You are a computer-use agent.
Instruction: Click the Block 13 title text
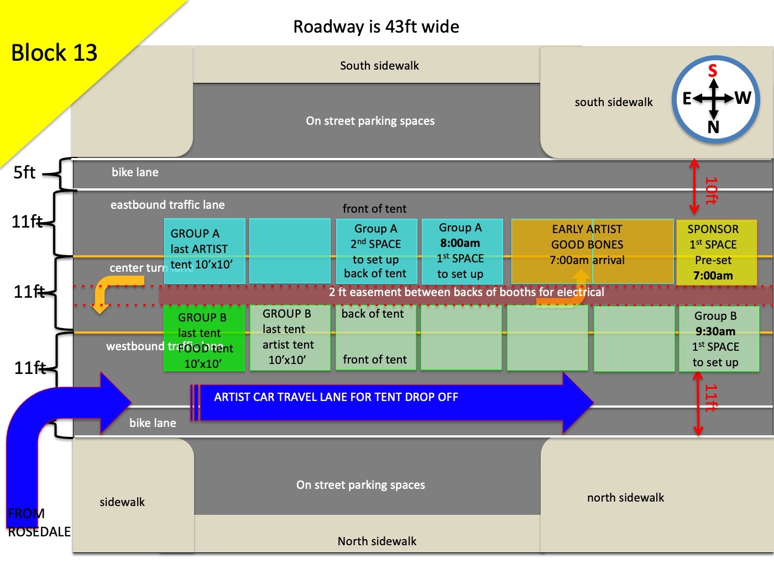pyautogui.click(x=54, y=53)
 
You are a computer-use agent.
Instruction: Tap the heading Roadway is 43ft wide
pyautogui.click(x=376, y=27)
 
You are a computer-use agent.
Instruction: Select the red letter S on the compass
pyautogui.click(x=713, y=71)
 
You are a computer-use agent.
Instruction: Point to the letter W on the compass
pyautogui.click(x=742, y=98)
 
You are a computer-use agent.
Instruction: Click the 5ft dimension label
pyautogui.click(x=24, y=172)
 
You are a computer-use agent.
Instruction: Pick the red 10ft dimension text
pyautogui.click(x=712, y=191)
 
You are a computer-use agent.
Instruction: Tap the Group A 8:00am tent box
pyautogui.click(x=462, y=251)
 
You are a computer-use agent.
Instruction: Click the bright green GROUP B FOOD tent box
pyautogui.click(x=204, y=338)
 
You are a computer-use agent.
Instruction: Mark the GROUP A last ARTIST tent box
pyautogui.click(x=204, y=250)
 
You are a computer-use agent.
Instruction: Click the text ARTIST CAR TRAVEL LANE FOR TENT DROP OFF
pyautogui.click(x=336, y=397)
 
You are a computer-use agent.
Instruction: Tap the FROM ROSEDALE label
pyautogui.click(x=39, y=523)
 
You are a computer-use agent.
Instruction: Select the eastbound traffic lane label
pyautogui.click(x=168, y=205)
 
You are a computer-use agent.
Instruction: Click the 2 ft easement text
pyautogui.click(x=466, y=292)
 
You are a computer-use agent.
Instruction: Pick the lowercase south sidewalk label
pyautogui.click(x=614, y=102)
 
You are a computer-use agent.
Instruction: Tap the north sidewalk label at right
pyautogui.click(x=625, y=498)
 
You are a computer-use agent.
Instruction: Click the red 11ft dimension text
pyautogui.click(x=711, y=398)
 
